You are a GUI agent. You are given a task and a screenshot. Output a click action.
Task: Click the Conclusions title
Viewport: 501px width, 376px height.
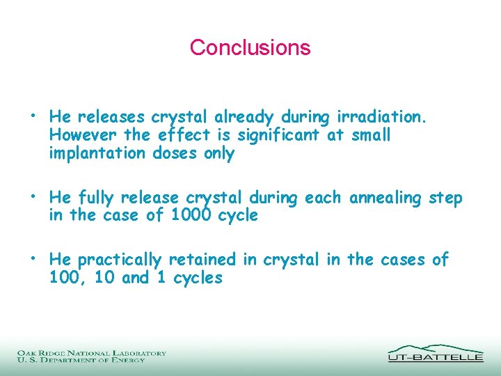pyautogui.click(x=250, y=47)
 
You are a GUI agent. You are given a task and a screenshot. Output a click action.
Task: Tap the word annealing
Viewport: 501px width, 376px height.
pyautogui.click(x=385, y=199)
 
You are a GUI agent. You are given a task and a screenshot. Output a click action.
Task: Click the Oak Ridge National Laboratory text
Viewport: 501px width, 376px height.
pyautogui.click(x=92, y=353)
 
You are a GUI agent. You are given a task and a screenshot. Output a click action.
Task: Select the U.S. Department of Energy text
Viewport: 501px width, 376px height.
pyautogui.click(x=81, y=360)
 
